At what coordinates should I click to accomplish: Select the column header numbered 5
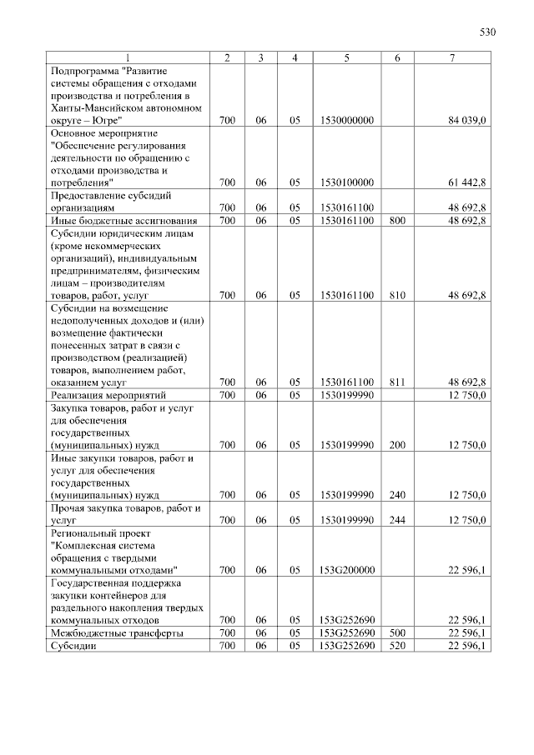point(345,57)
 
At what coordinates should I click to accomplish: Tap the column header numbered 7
point(451,57)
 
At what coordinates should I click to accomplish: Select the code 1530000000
point(345,121)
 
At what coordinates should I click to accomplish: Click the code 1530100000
point(345,181)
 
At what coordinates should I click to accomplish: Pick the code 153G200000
point(345,570)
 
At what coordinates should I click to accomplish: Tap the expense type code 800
point(397,221)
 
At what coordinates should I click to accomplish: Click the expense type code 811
point(397,382)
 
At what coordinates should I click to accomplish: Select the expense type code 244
point(397,520)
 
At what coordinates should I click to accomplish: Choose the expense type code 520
point(397,646)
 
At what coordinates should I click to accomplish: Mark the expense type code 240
point(397,495)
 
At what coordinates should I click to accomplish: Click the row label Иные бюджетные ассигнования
point(124,221)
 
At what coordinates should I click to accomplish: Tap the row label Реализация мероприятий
point(110,394)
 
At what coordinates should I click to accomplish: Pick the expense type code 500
point(397,633)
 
